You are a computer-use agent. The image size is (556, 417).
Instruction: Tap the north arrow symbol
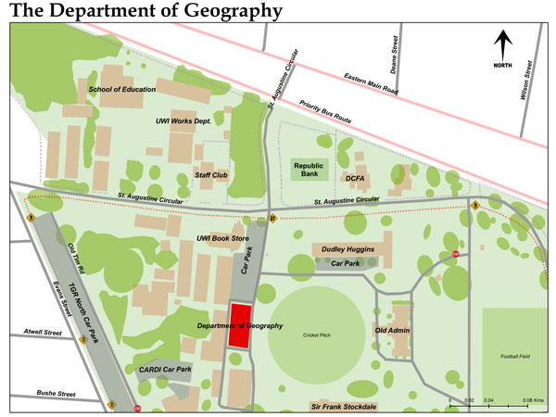[x=503, y=47]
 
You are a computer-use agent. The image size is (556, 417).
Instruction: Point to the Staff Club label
[x=211, y=174]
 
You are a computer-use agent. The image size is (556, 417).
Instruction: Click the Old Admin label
[x=393, y=330]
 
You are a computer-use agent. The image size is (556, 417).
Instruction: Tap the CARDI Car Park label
[x=165, y=370]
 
